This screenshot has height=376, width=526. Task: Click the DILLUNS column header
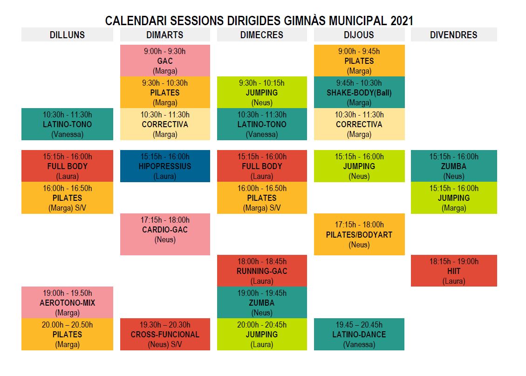click(67, 34)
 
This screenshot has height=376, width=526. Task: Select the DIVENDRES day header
click(454, 34)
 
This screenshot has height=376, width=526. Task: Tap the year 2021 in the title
click(402, 21)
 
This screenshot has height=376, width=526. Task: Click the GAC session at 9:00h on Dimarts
click(165, 61)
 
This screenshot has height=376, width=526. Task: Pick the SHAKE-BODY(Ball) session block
click(359, 93)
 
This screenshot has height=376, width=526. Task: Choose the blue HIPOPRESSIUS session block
click(165, 166)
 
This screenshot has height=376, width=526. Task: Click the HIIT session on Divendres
click(454, 271)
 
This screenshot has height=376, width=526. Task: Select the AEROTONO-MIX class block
click(67, 302)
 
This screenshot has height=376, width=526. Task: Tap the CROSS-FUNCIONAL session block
click(165, 335)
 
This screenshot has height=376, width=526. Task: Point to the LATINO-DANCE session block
click(359, 335)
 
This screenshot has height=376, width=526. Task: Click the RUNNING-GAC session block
click(262, 271)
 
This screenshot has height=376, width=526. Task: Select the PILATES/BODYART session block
click(359, 234)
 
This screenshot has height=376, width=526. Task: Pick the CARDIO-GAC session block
click(165, 234)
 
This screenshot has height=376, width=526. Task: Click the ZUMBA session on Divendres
click(454, 166)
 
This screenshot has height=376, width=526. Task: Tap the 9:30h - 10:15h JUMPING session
click(262, 93)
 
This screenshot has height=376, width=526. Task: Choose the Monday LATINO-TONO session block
click(67, 124)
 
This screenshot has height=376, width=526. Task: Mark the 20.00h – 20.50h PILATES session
click(67, 335)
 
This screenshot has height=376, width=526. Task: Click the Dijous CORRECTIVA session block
click(359, 124)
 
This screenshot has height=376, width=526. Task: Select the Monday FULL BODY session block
click(67, 166)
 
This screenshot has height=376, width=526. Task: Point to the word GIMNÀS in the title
click(305, 21)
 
